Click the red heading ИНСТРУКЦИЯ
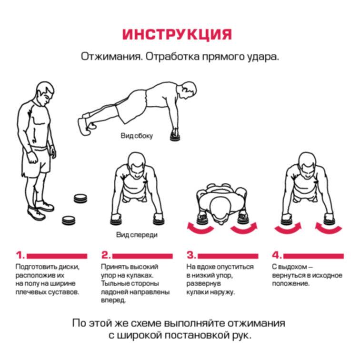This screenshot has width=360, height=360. pos(177,34)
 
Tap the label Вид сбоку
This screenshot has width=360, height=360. pos(137,136)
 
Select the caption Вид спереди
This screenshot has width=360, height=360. pos(137,235)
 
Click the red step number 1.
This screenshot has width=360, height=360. pos(20,255)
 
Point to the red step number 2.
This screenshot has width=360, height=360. pos(106,255)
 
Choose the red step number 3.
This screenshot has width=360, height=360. pos(191,255)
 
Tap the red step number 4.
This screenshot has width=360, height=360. pos(277,255)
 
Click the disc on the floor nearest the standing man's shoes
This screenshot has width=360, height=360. pos(69,220)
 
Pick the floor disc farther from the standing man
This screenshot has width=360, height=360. pos(80,199)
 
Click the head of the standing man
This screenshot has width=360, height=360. pos(45,92)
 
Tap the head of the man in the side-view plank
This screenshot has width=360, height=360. pos(187,90)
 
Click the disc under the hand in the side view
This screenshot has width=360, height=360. pos(176,136)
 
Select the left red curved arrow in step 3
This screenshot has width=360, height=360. pos(200,229)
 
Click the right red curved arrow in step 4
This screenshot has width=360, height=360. pos(329,229)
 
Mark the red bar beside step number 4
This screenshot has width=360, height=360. pos(314,256)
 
